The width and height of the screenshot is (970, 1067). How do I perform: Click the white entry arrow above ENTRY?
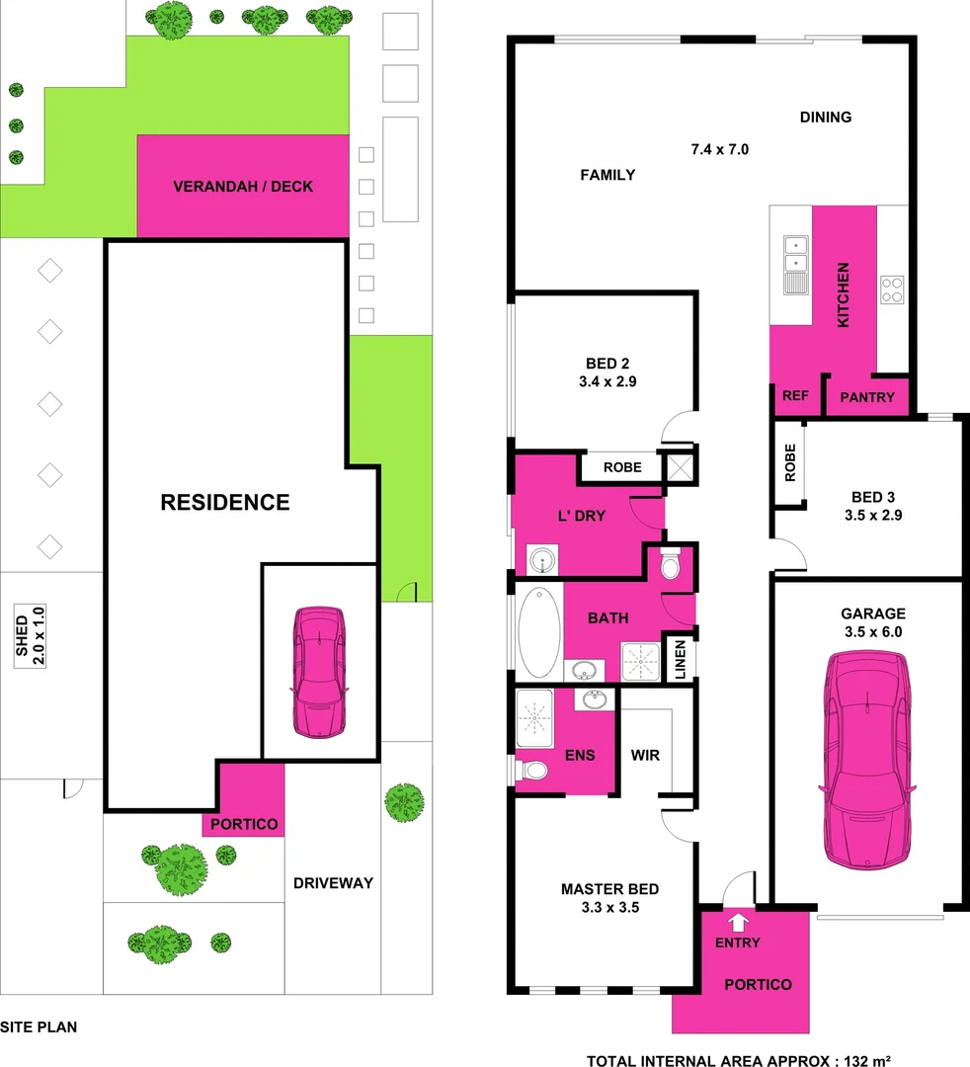click(738, 922)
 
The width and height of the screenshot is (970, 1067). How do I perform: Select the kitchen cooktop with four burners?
click(892, 288)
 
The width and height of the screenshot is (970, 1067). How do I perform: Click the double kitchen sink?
click(794, 254)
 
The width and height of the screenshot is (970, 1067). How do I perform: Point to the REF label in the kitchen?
click(795, 396)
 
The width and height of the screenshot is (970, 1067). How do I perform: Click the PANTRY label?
click(866, 397)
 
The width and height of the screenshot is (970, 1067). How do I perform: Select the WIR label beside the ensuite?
click(645, 755)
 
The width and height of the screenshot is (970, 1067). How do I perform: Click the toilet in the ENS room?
click(534, 770)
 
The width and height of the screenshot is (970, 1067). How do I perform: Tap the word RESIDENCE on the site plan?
click(225, 502)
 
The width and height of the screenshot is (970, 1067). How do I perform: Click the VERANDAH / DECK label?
click(242, 187)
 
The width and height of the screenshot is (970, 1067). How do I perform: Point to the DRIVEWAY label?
click(333, 882)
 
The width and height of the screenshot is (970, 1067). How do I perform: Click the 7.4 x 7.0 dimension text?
click(720, 150)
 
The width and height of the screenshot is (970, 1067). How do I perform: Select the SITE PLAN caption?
click(39, 1026)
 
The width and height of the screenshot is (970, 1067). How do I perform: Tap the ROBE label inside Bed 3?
click(789, 462)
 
